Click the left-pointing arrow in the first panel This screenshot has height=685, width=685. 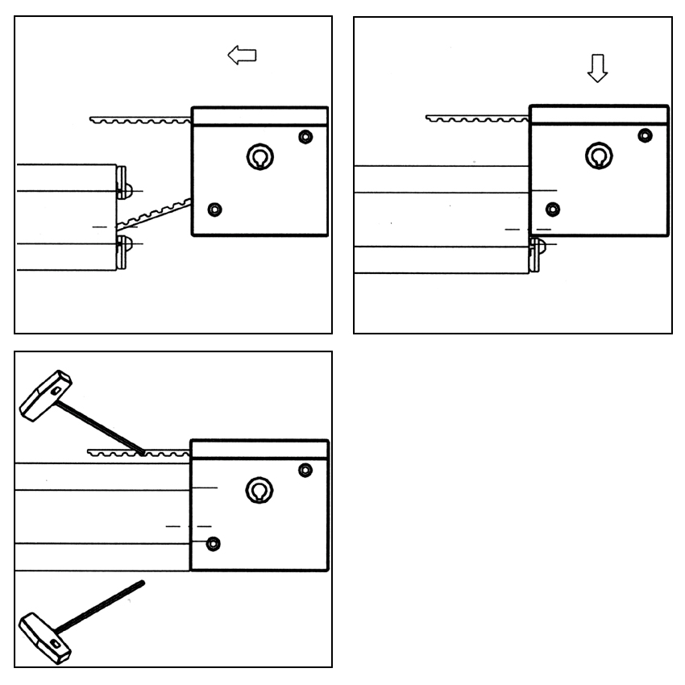242,56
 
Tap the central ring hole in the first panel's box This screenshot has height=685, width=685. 259,156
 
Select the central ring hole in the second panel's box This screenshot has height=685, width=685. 598,156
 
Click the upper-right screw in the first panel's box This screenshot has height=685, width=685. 305,136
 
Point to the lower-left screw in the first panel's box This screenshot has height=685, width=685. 214,210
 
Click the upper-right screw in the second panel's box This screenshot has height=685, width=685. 645,135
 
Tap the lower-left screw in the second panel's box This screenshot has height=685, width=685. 552,210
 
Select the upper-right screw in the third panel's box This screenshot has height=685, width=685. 305,470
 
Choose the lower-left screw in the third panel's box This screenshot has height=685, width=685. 212,543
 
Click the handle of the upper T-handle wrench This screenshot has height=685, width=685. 45,396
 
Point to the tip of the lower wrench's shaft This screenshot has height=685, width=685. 141,582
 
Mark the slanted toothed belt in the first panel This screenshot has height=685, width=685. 153,213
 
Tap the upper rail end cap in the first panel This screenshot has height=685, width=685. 122,181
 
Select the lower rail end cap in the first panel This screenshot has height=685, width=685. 122,251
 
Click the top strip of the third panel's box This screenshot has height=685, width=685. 259,449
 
